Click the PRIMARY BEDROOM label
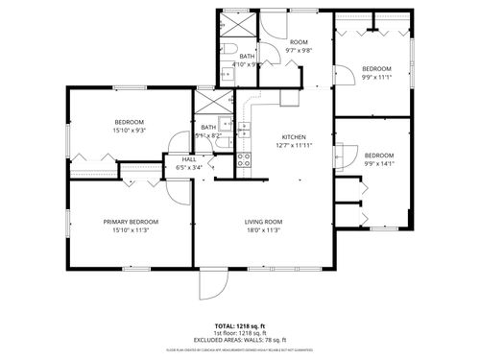[x=131, y=222]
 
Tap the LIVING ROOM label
[x=261, y=222]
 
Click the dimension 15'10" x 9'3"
[x=130, y=131]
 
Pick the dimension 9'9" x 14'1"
[x=378, y=164]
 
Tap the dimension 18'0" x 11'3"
[x=261, y=230]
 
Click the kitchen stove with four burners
[x=244, y=160]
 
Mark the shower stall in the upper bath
[x=238, y=22]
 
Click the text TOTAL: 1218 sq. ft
[x=240, y=326]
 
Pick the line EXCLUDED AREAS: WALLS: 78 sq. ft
[x=240, y=341]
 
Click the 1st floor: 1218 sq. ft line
[x=240, y=334]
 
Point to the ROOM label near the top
[x=300, y=43]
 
